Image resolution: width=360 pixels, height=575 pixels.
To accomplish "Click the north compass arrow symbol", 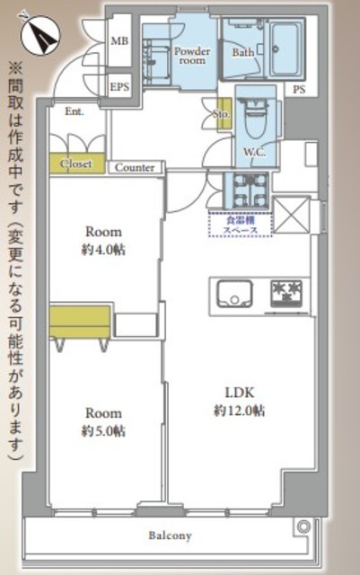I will [x=40, y=33].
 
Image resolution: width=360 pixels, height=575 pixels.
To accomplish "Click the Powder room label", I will [x=191, y=57].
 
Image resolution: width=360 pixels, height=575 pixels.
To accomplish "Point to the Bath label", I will [x=243, y=52].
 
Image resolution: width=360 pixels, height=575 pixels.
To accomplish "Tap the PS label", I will [x=299, y=89].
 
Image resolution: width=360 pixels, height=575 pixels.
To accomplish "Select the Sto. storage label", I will [x=222, y=115].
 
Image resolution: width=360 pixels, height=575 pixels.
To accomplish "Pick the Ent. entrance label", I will [x=74, y=111].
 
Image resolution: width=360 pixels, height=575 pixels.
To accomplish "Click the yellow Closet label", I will [x=77, y=164].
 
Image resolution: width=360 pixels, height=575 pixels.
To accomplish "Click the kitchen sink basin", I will [x=233, y=293].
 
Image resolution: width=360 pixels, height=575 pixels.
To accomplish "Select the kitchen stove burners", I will [x=286, y=292].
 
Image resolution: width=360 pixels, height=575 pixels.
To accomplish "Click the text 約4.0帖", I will [x=104, y=249].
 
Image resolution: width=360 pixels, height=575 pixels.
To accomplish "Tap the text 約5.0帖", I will [x=104, y=431].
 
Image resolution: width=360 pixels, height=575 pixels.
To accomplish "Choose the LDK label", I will [x=238, y=393].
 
